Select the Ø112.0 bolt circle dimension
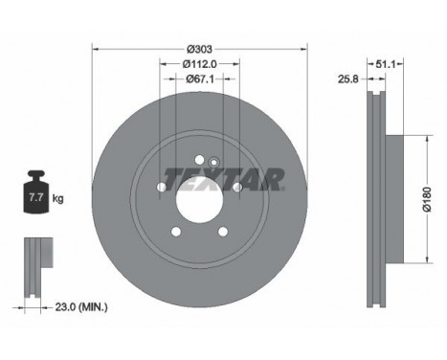click(x=199, y=64)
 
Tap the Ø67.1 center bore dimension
click(x=199, y=80)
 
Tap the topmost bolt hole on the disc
click(x=199, y=160)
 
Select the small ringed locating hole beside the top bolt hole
click(x=213, y=162)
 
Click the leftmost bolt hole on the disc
click(x=162, y=187)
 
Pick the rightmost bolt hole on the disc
click(x=236, y=187)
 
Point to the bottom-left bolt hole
click(x=176, y=231)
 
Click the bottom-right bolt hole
click(x=222, y=231)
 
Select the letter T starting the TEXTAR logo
click(x=175, y=178)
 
